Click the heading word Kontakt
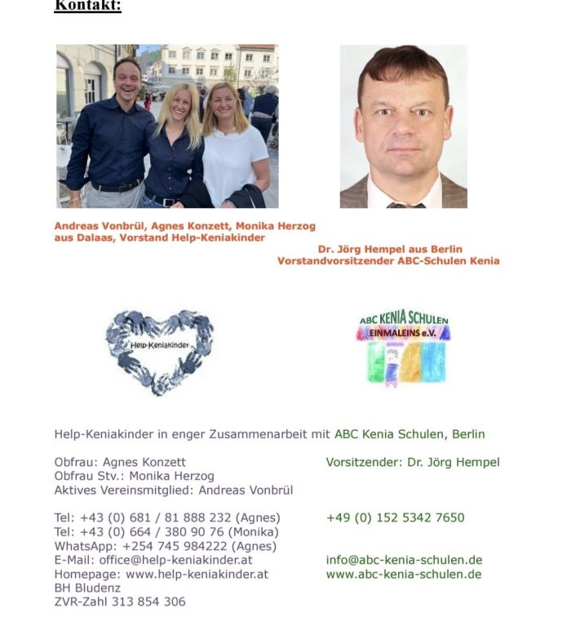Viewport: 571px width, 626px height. coord(87,7)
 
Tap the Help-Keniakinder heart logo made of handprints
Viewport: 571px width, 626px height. coord(159,349)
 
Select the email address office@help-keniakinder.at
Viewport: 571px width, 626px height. coord(175,560)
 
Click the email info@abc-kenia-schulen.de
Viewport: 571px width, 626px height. coord(404,560)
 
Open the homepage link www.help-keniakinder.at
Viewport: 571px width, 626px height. coord(197,574)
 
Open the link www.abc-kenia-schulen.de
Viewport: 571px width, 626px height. coord(404,574)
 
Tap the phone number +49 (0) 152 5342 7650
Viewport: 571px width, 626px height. coord(395,517)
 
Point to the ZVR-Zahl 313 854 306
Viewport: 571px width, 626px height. coord(120,602)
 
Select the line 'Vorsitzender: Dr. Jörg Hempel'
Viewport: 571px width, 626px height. coord(413,462)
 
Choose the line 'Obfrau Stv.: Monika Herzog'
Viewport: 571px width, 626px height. coord(135,476)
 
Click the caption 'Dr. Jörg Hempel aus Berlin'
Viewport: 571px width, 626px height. coord(390,249)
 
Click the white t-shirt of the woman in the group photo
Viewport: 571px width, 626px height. coord(233,163)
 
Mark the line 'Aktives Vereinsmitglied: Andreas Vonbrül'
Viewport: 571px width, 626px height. coord(174,490)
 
